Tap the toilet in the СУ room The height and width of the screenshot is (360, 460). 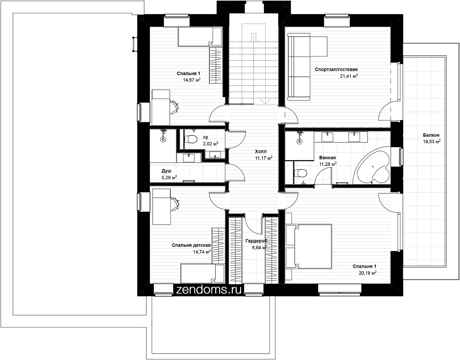[191, 139]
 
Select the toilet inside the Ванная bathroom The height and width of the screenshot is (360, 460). [300, 173]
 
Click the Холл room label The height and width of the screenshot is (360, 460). [261, 152]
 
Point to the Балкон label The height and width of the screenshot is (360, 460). [431, 135]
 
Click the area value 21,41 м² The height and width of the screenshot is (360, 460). [349, 76]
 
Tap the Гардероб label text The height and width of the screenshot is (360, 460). [256, 241]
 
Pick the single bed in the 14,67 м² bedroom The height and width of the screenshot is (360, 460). [200, 36]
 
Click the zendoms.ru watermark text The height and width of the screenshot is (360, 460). [209, 290]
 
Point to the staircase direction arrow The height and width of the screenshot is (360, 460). [266, 102]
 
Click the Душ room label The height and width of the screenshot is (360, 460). [166, 171]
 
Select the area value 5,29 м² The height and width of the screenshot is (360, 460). [169, 177]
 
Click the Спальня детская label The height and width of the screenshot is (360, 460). [191, 245]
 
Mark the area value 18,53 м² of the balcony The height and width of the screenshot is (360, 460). [432, 141]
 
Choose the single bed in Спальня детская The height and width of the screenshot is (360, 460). [202, 273]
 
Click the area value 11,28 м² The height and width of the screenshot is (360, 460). [328, 164]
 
